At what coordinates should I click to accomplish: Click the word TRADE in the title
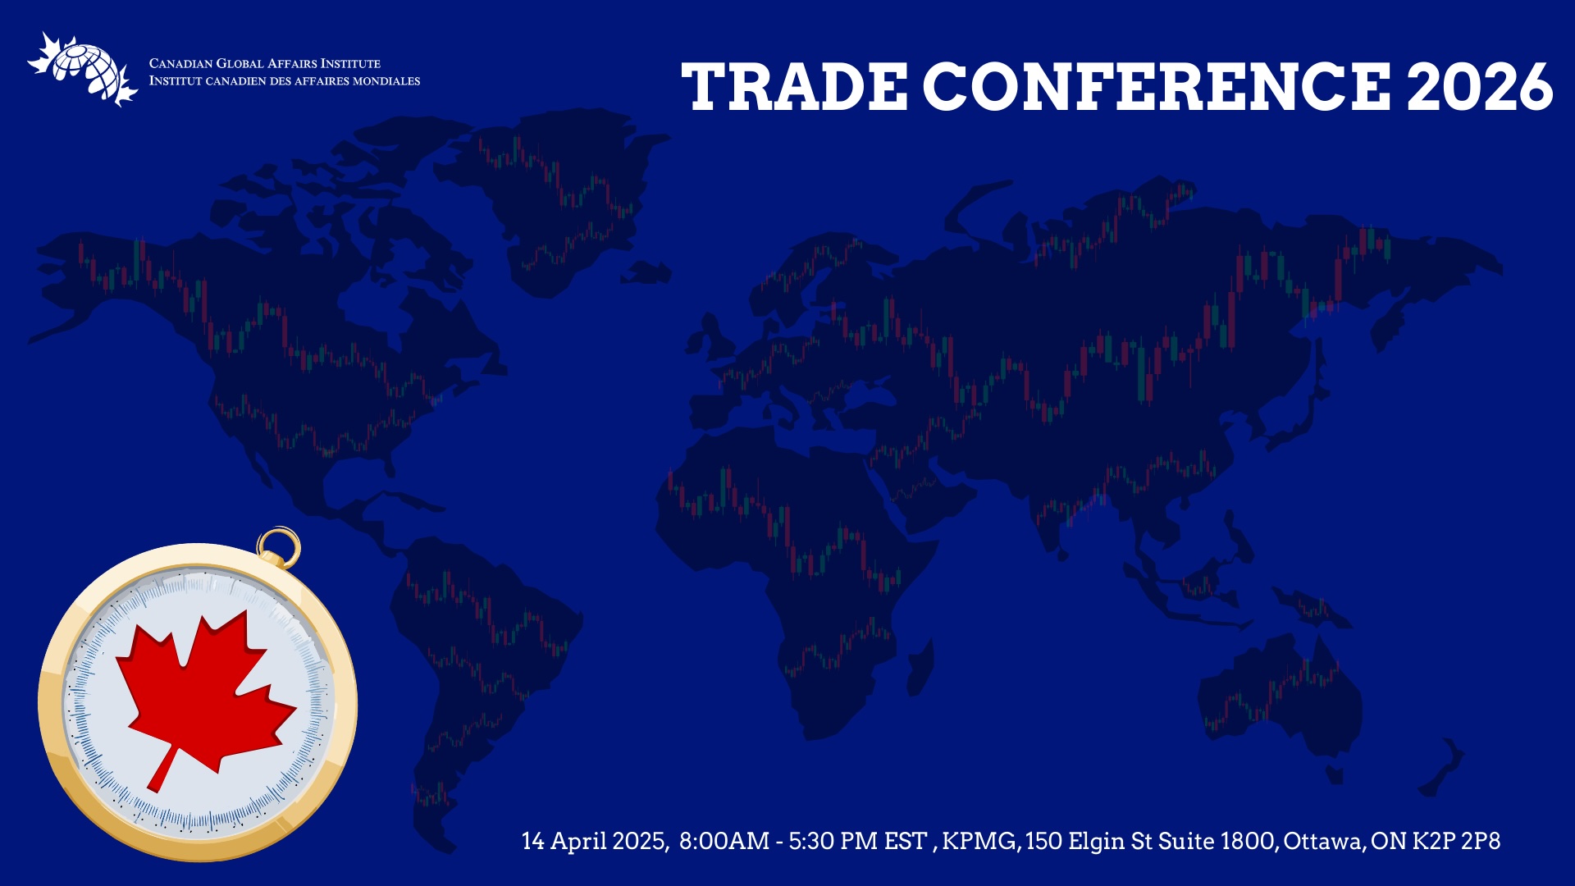[x=794, y=86]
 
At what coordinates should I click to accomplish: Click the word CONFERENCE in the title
[x=1157, y=86]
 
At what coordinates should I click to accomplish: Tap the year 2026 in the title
[x=1479, y=86]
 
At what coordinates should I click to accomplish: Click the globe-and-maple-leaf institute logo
[x=83, y=70]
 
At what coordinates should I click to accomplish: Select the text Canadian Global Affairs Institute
[x=265, y=63]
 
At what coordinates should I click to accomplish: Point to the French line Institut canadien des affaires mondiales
[x=285, y=81]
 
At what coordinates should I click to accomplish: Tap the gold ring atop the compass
[x=279, y=546]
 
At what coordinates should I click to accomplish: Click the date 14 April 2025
[x=595, y=842]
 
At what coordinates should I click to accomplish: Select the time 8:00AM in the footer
[x=724, y=842]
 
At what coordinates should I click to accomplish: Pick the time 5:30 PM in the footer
[x=833, y=842]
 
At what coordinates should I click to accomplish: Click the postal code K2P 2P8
[x=1456, y=842]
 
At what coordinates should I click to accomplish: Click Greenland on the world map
[x=566, y=205]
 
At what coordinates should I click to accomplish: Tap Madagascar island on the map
[x=921, y=668]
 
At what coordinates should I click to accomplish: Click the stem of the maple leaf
[x=162, y=770]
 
